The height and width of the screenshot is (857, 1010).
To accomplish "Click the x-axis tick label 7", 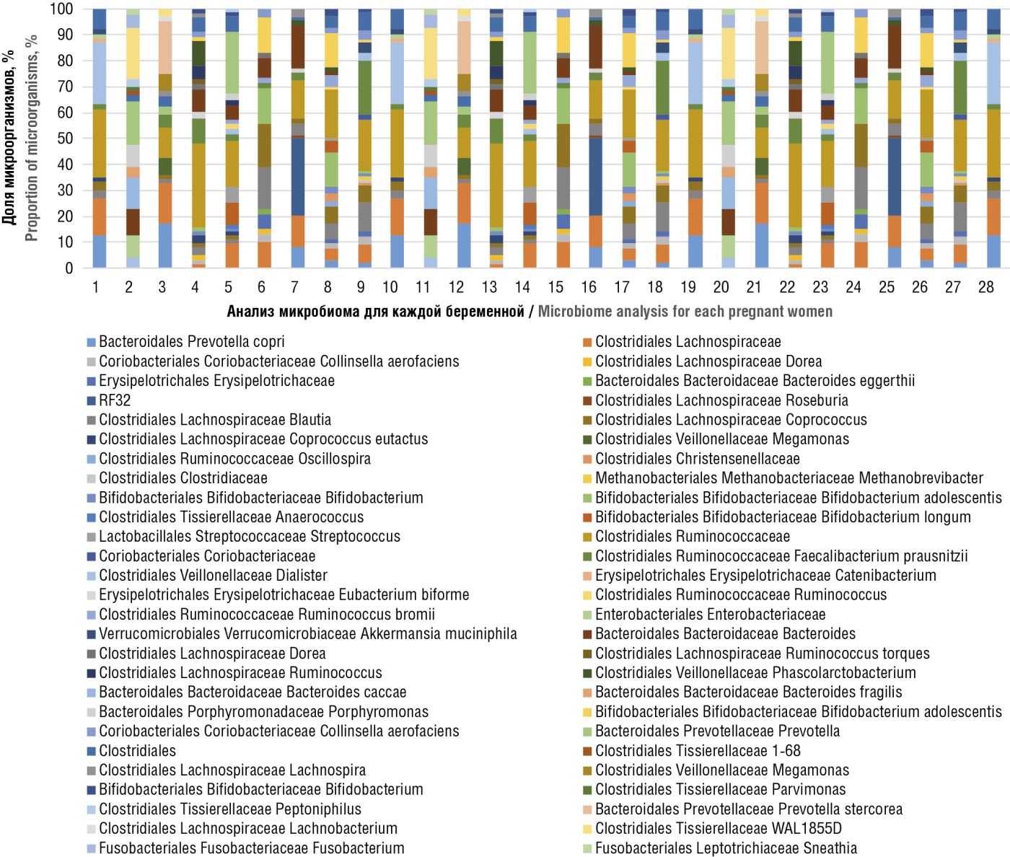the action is click(x=294, y=287).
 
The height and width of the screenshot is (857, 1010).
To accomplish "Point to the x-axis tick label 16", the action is click(x=588, y=287).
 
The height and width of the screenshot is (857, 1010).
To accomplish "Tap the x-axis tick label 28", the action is click(x=985, y=287).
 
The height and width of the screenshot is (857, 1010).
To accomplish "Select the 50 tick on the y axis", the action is click(x=65, y=139).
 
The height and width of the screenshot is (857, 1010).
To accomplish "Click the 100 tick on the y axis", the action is click(x=61, y=9).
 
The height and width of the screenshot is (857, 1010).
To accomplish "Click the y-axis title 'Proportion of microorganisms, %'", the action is click(x=31, y=138).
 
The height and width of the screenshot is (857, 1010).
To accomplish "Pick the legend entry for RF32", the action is click(x=109, y=400).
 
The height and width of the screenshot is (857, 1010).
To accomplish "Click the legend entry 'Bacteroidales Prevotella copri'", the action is click(x=185, y=341).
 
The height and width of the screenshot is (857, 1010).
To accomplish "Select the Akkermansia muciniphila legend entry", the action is click(x=302, y=633).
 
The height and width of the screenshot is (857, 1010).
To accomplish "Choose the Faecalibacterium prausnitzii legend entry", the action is click(x=775, y=556).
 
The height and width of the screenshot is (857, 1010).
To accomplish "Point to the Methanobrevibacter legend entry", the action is click(x=783, y=478).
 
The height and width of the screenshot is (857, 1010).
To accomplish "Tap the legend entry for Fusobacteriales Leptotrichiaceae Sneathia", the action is click(x=720, y=848).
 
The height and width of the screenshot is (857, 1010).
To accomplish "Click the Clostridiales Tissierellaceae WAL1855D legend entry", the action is click(x=712, y=829).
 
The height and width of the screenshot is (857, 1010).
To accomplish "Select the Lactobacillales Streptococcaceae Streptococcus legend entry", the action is click(x=243, y=537).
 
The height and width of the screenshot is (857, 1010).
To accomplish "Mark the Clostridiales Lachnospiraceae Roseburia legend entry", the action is click(x=716, y=400).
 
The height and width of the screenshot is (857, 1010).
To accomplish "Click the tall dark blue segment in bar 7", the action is click(x=298, y=177).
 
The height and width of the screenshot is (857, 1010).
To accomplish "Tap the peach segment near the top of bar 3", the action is click(x=165, y=48).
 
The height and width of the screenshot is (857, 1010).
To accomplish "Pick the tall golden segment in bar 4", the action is click(x=198, y=185).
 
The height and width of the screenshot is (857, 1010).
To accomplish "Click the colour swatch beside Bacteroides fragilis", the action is click(x=587, y=693).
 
